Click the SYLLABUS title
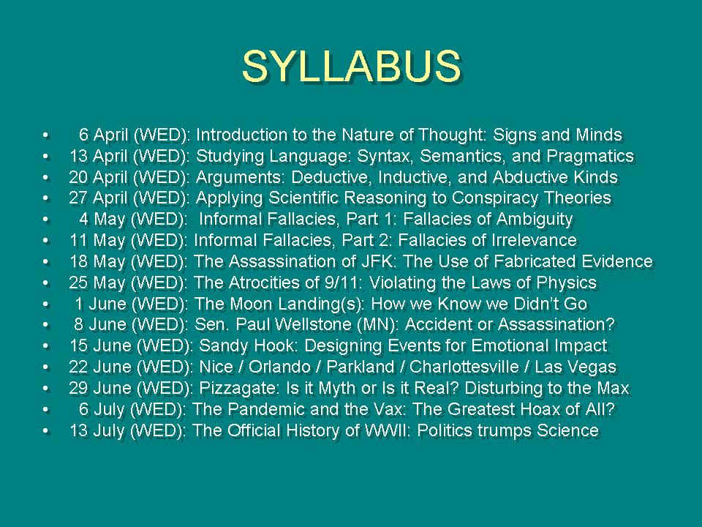tap(352, 66)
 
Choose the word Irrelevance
tap(534, 240)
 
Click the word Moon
tap(251, 303)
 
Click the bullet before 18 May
tap(45, 262)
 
